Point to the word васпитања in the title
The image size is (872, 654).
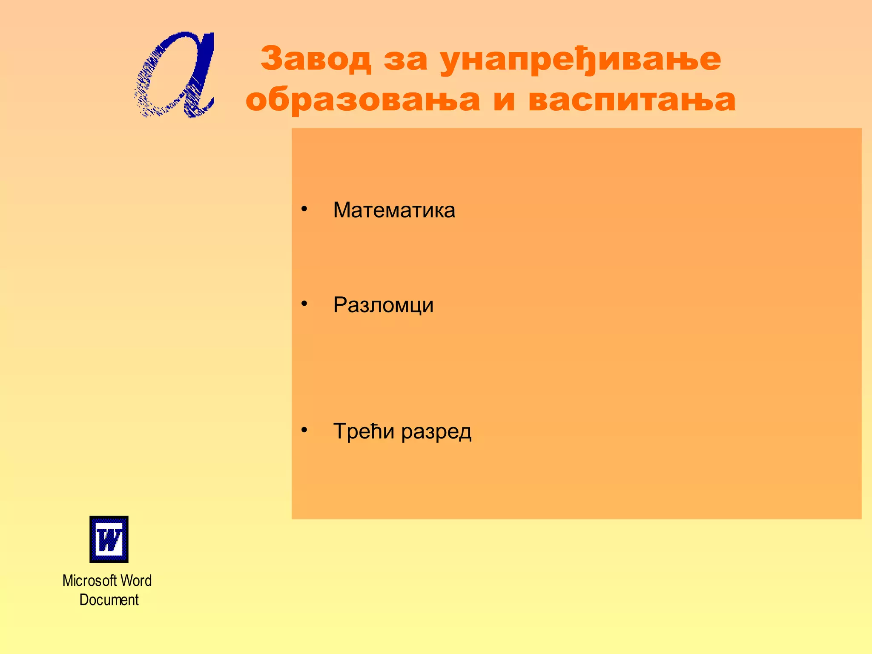point(632,100)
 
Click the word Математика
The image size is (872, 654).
point(394,210)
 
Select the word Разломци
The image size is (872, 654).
point(383,305)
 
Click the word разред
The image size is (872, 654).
point(436,432)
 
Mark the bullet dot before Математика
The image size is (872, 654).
point(304,209)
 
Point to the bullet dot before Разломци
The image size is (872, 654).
point(304,304)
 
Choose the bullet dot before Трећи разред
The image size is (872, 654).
point(304,430)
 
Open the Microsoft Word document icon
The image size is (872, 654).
point(109,539)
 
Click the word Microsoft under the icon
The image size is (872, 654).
point(89,581)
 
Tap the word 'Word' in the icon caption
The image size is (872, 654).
point(136,581)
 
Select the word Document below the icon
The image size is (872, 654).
point(109,600)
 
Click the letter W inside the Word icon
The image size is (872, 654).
point(109,540)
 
